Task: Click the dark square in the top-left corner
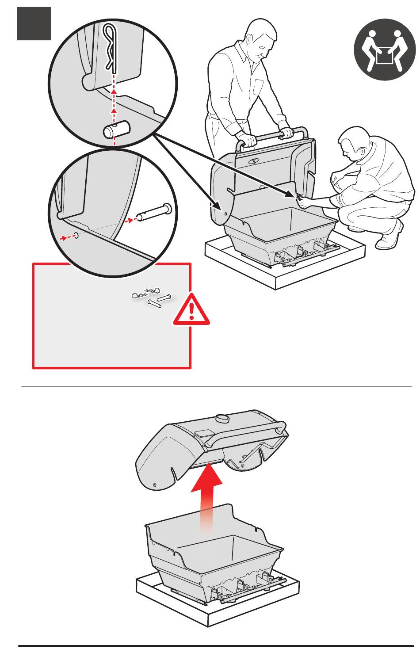tap(34, 24)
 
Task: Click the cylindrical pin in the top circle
tap(115, 130)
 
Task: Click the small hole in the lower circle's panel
tap(77, 235)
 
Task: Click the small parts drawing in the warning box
tap(152, 298)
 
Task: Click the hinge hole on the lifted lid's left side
tap(154, 485)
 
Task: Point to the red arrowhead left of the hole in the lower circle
tap(65, 238)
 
